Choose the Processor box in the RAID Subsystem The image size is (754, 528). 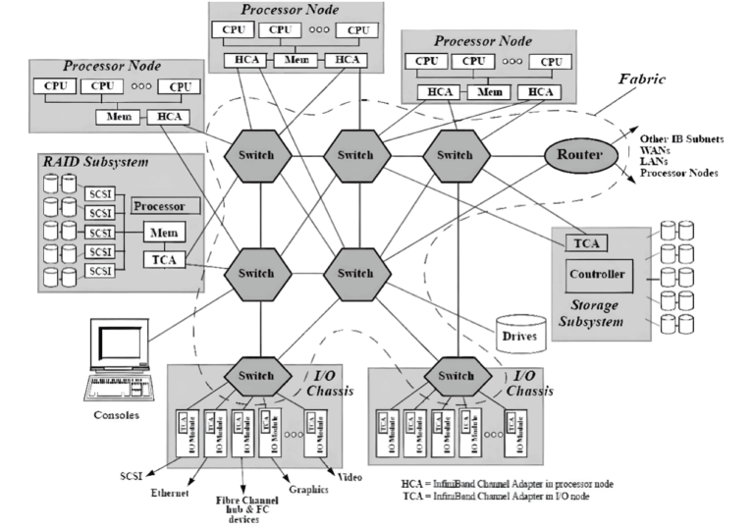coord(165,207)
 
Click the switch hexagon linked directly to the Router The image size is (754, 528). coord(456,155)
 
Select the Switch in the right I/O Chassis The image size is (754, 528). coord(456,376)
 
